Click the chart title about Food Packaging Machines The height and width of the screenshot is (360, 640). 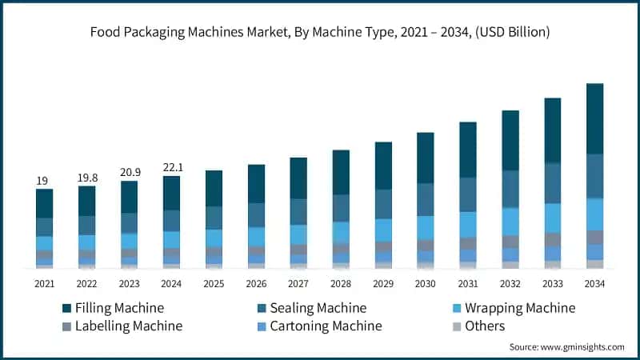click(320, 32)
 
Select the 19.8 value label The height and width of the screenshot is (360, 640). click(86, 178)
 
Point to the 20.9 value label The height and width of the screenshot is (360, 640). click(129, 173)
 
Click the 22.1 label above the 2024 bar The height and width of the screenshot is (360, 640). click(171, 167)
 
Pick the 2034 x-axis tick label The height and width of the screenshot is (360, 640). click(594, 284)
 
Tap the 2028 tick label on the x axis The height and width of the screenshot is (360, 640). click(341, 284)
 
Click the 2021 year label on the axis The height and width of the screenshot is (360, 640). click(44, 284)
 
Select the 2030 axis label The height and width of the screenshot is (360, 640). click(425, 284)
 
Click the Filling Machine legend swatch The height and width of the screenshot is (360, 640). click(68, 308)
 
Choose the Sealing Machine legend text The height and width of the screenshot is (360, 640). click(318, 308)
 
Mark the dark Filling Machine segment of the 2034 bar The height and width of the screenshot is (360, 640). click(594, 118)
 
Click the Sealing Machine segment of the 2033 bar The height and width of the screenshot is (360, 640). click(552, 183)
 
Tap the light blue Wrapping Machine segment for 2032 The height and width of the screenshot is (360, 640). click(510, 222)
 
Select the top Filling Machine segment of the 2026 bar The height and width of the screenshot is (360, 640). click(256, 183)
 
